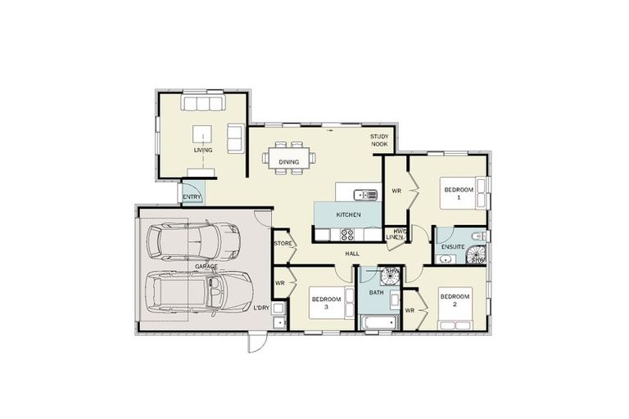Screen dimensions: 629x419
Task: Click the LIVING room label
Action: point(203,151)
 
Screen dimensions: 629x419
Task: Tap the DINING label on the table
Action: point(289,162)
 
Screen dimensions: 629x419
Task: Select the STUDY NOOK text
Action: point(379,140)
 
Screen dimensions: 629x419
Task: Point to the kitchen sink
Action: point(365,195)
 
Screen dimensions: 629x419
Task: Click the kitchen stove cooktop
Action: point(347,235)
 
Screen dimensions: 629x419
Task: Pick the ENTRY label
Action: point(192,197)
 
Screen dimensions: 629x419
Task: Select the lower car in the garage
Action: point(198,291)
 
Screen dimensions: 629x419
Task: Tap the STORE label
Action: point(283,243)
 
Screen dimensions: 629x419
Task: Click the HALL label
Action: point(352,254)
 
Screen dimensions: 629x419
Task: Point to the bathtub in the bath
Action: point(378,322)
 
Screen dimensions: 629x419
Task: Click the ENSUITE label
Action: point(453,247)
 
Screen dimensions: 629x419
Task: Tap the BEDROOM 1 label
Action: point(459,193)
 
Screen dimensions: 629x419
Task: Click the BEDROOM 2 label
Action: point(455,300)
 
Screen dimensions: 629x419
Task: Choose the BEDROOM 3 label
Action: point(327,303)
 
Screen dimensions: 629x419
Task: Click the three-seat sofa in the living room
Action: point(203,101)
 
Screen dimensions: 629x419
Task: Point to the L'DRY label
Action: point(261,308)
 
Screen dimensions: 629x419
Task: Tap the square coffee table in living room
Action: point(202,134)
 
